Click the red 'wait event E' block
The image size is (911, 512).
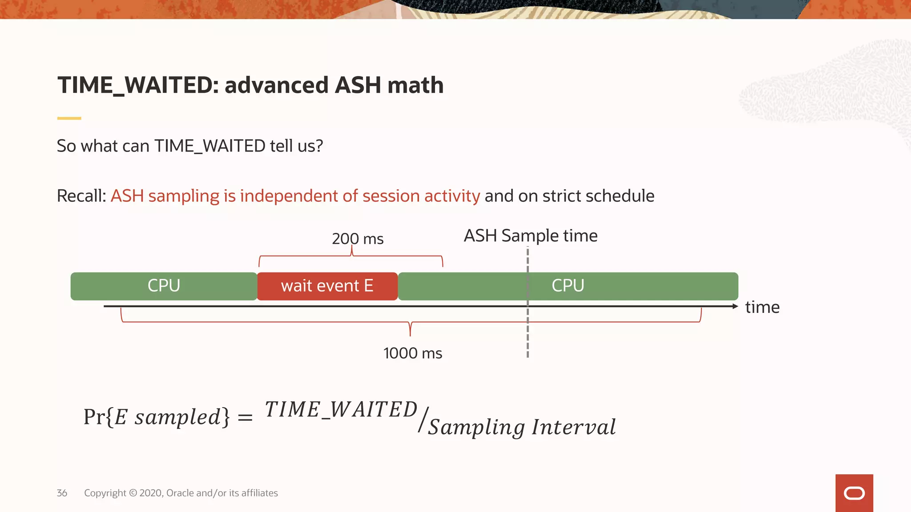(x=327, y=286)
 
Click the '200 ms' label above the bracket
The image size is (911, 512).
(x=358, y=239)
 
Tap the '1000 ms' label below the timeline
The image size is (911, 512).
(x=412, y=353)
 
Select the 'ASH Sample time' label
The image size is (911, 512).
(x=530, y=236)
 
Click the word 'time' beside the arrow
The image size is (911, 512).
(x=762, y=307)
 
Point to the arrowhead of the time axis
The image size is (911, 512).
(x=735, y=306)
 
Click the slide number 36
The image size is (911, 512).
(x=62, y=493)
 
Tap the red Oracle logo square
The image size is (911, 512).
(x=854, y=493)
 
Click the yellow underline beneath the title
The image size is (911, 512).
(x=69, y=118)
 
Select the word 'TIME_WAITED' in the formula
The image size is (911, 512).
(x=341, y=409)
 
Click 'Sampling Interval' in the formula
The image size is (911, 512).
(x=522, y=427)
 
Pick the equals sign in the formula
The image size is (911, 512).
(x=245, y=418)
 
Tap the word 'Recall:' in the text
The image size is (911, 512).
(x=81, y=196)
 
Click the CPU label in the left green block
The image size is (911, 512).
(x=164, y=286)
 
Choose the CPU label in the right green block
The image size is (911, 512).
(x=568, y=286)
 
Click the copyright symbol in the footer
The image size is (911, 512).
(x=133, y=493)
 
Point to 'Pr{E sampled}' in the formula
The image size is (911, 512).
(x=157, y=417)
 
